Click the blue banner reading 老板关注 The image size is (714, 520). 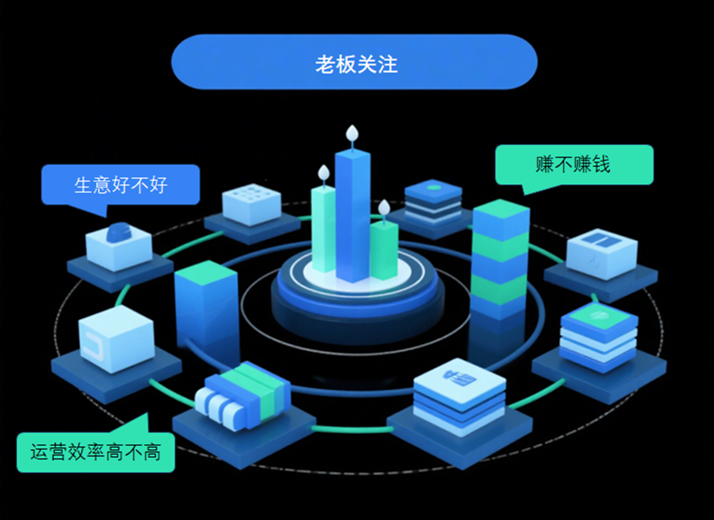pos(354,62)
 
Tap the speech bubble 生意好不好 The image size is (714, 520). pos(121,185)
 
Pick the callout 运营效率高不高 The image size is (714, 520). pos(95,452)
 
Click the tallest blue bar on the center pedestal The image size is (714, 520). pos(352,216)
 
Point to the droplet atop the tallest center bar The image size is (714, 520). pos(352,134)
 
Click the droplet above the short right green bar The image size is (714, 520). pos(384,207)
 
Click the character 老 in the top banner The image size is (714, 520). pos(325,64)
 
